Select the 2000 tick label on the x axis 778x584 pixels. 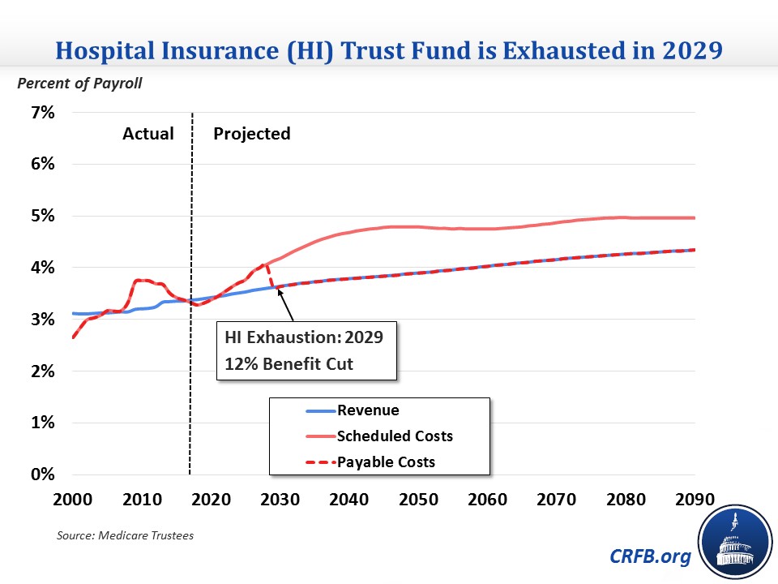72,497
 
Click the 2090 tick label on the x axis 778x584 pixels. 695,497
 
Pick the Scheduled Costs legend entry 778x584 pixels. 395,436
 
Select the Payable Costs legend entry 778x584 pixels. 386,462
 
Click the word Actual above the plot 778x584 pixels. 148,134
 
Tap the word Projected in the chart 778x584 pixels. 251,134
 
